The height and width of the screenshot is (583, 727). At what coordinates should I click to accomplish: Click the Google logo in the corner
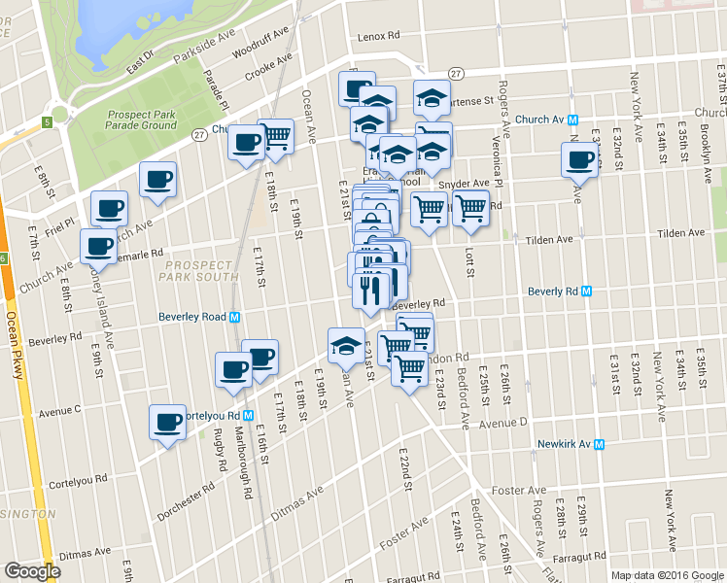(x=32, y=571)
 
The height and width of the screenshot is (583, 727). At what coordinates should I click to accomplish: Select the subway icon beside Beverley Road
(x=235, y=317)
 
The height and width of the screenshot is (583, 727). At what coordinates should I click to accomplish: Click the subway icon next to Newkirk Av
(x=599, y=445)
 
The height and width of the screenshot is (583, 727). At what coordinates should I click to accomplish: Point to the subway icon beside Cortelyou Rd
(x=249, y=415)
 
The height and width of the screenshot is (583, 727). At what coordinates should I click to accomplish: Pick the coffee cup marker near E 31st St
(x=581, y=159)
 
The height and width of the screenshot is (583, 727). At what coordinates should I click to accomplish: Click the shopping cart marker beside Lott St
(x=470, y=207)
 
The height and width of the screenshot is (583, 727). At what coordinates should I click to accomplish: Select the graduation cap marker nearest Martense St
(x=432, y=98)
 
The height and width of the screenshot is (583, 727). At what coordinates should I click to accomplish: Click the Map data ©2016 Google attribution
(x=667, y=575)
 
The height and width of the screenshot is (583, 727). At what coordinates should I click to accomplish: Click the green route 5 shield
(x=47, y=122)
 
